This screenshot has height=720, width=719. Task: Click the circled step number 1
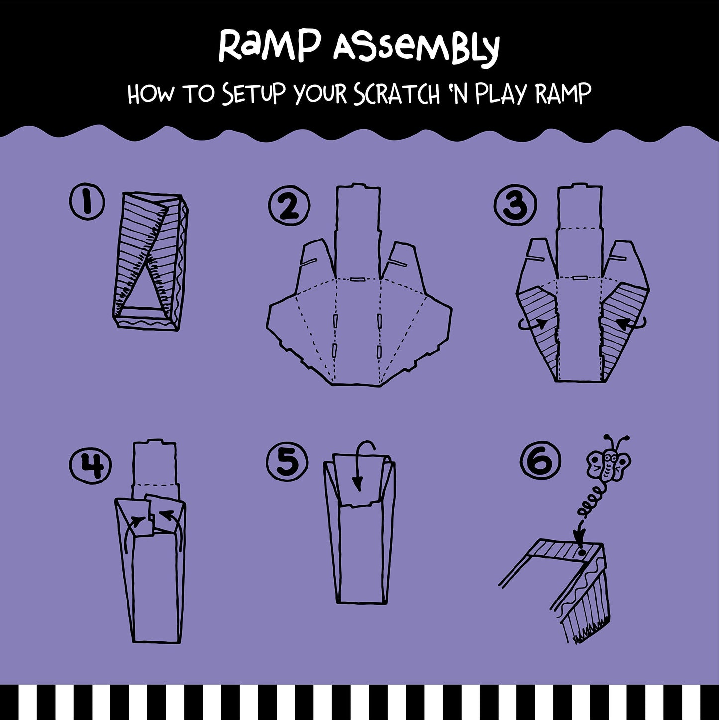click(x=87, y=202)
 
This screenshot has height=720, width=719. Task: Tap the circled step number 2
click(x=289, y=206)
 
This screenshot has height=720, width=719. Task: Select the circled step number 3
click(x=515, y=205)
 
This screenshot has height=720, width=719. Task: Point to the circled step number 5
click(x=287, y=461)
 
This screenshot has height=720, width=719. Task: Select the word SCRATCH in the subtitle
click(x=397, y=94)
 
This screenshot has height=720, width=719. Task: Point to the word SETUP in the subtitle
click(x=254, y=94)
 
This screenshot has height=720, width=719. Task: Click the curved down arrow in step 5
click(x=362, y=463)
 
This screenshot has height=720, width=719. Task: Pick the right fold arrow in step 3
click(x=630, y=324)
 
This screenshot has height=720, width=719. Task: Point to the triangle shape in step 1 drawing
click(x=144, y=294)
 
